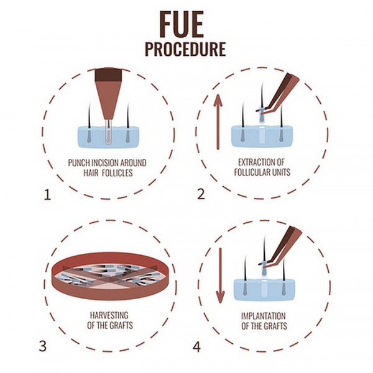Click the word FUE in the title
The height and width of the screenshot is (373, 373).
click(181, 24)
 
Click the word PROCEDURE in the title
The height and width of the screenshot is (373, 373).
click(185, 49)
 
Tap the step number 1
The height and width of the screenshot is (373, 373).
click(47, 195)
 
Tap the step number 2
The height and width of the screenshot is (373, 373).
click(201, 194)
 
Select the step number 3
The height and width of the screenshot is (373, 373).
click(42, 346)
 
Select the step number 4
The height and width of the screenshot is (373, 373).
click(196, 347)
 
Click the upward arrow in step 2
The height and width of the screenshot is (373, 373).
click(218, 122)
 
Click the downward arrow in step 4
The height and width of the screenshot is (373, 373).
click(221, 276)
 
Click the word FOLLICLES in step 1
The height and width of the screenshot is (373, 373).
click(117, 173)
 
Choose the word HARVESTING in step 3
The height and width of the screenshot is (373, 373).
click(109, 315)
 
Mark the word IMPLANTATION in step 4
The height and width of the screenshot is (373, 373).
click(264, 316)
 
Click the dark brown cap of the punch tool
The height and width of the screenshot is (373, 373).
click(107, 74)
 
